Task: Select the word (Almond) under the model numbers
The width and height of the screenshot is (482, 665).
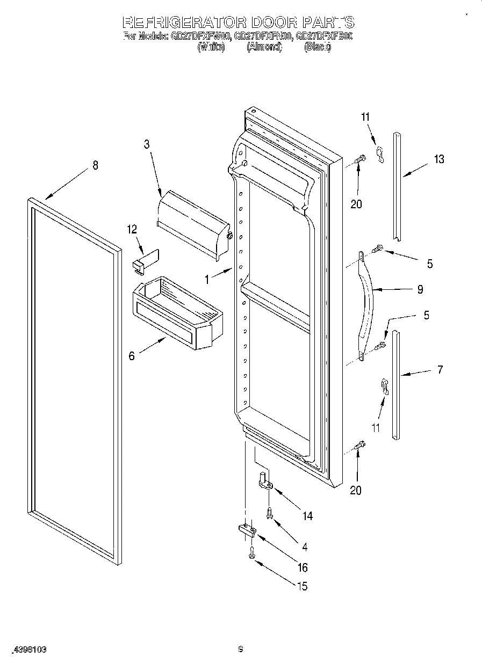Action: click(x=264, y=47)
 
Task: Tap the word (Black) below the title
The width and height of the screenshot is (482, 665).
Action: click(x=318, y=47)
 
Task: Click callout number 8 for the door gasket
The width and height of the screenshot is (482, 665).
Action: click(x=95, y=165)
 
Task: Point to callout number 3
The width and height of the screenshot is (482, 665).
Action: click(x=146, y=144)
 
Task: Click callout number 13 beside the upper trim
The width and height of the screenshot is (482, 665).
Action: click(x=440, y=159)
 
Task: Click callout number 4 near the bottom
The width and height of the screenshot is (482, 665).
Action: click(x=305, y=547)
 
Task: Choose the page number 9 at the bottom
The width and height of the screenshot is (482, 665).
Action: click(x=241, y=650)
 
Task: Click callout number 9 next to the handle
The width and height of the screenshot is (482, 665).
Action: click(x=420, y=289)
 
